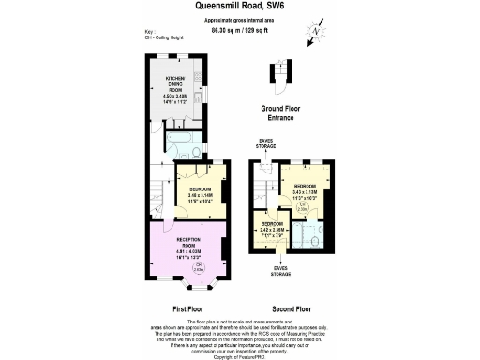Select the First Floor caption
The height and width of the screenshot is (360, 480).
(x=189, y=307)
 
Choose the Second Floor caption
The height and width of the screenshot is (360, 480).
(x=292, y=307)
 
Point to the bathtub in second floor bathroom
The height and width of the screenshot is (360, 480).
(x=301, y=236)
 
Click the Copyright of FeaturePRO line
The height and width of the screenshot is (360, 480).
(x=240, y=355)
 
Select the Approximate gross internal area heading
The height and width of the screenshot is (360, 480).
(x=239, y=20)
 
